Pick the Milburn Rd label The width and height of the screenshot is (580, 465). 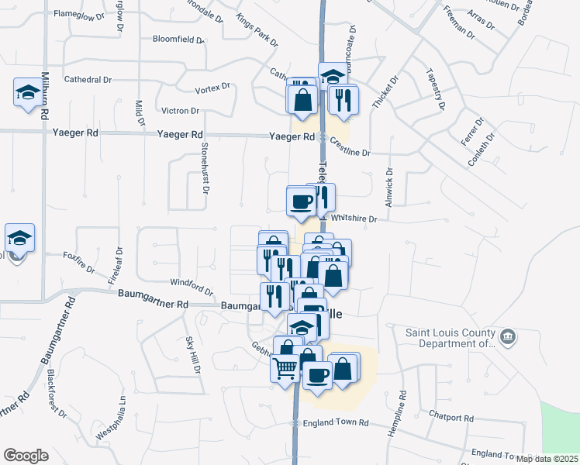[x=46, y=95]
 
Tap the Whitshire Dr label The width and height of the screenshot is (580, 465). [x=357, y=219]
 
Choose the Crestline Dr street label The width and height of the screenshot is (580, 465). [x=350, y=148]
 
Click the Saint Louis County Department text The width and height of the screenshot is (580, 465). [x=450, y=339]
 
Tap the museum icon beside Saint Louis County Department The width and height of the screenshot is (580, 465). [x=508, y=337]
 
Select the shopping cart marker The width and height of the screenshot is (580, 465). [x=285, y=368]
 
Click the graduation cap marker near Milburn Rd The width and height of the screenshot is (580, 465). [x=28, y=93]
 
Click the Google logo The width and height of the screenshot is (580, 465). [x=26, y=456]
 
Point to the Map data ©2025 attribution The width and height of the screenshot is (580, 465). [x=547, y=459]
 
